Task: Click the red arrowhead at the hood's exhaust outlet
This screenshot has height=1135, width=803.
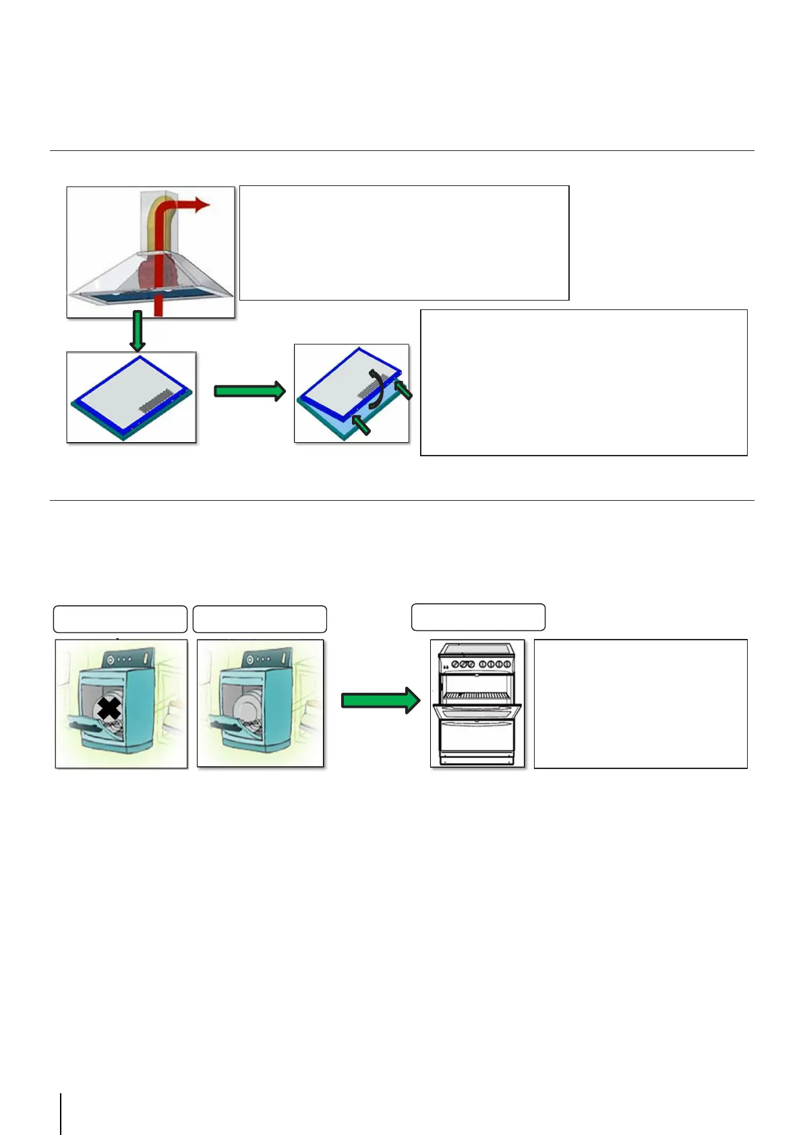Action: pyautogui.click(x=202, y=205)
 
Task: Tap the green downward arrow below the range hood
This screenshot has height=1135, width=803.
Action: pyautogui.click(x=137, y=332)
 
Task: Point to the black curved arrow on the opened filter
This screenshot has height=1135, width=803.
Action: pyautogui.click(x=378, y=388)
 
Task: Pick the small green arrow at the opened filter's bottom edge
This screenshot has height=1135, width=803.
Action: pyautogui.click(x=361, y=425)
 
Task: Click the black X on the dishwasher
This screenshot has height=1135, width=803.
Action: pyautogui.click(x=109, y=708)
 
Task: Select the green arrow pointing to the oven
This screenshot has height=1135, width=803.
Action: pyautogui.click(x=380, y=700)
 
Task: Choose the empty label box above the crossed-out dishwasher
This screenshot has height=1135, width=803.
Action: pyautogui.click(x=120, y=619)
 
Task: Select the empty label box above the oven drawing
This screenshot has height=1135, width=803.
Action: pyautogui.click(x=478, y=617)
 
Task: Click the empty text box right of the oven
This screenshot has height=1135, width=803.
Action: pyautogui.click(x=641, y=704)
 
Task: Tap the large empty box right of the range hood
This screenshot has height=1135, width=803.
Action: pyautogui.click(x=404, y=243)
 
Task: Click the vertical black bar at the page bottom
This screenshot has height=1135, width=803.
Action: pyautogui.click(x=61, y=1113)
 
